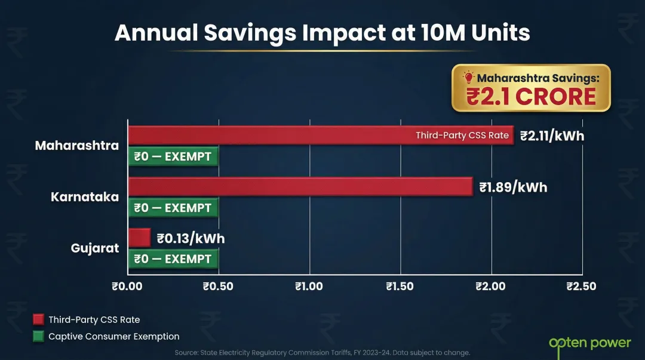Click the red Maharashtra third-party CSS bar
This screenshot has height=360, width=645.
[x=269, y=136]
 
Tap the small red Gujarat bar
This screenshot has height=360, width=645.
[x=139, y=238]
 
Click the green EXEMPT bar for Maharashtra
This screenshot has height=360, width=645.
[x=173, y=157]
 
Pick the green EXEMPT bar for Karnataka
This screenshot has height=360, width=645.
[x=173, y=208]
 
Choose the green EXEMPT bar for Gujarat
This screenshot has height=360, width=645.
[x=173, y=259]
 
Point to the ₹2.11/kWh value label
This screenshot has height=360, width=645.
[x=552, y=136]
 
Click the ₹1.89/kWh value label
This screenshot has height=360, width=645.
[x=513, y=187]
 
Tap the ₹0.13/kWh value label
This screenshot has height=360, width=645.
[x=191, y=239]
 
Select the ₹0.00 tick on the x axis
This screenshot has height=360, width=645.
[x=127, y=287]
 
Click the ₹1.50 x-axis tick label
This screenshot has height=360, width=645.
[x=400, y=287]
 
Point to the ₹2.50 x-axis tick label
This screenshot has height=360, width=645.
[x=581, y=287]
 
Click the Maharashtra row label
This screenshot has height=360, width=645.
[x=76, y=146]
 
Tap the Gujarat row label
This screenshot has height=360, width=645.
[x=95, y=248]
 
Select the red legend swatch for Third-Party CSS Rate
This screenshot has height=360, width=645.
[x=38, y=319]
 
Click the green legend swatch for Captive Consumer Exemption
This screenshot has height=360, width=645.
[x=38, y=336]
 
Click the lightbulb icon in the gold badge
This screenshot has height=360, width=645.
[x=468, y=77]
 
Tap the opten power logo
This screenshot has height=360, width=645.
[x=589, y=343]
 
